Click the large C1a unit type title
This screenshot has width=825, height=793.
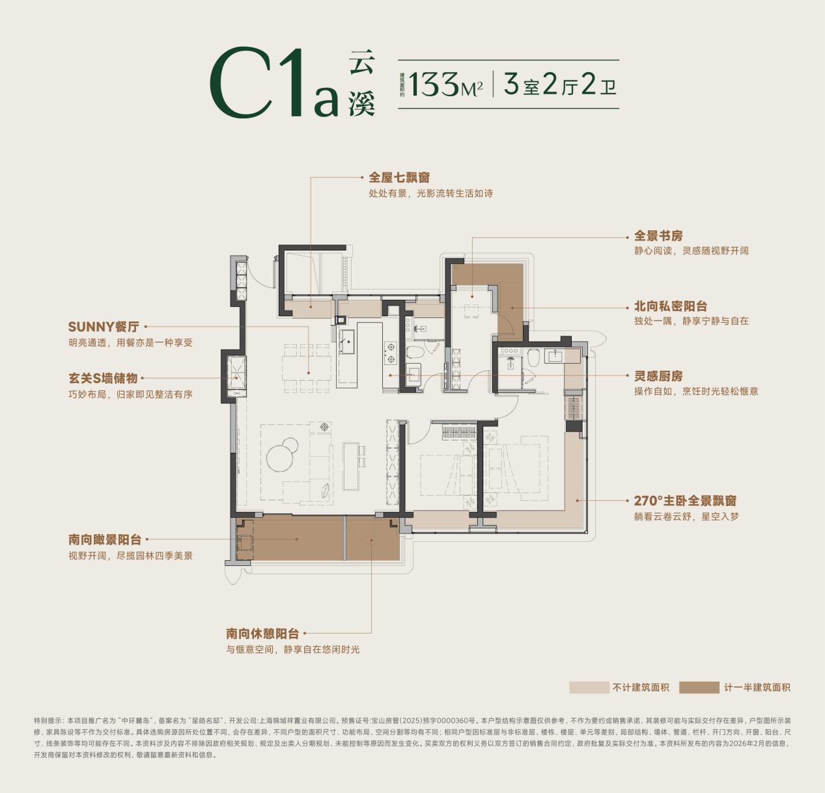coord(274,83)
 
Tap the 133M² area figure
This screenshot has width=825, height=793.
coord(445,85)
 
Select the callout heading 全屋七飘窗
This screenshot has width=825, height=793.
coord(399,177)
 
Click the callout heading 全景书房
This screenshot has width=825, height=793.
coord(658,235)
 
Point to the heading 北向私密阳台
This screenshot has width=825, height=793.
coord(671,306)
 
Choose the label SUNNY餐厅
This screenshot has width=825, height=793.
coord(104,327)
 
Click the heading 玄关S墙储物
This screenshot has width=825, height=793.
coord(103,378)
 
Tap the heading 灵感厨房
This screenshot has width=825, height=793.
coord(658,376)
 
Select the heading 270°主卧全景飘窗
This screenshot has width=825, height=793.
coord(685,500)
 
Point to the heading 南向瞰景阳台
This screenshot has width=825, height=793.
coord(105,540)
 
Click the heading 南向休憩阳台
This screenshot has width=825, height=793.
coord(262,634)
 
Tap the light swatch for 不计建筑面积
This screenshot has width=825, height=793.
coord(589,687)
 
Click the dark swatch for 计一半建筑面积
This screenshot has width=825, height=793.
coord(699,687)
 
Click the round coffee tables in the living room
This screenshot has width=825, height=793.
coord(283,453)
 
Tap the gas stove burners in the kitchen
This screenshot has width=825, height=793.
coord(390,354)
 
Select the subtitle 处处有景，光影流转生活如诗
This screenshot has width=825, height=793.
coord(430,194)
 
